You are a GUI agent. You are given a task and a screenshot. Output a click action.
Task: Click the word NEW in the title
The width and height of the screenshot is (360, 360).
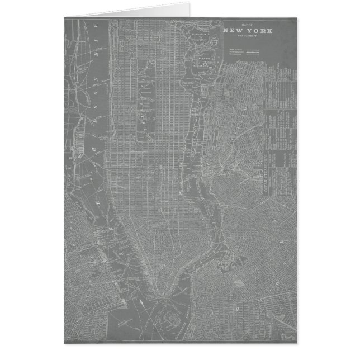pyautogui.click(x=232, y=31)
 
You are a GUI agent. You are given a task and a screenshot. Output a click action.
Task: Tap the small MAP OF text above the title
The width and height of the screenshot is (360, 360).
pyautogui.click(x=247, y=26)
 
